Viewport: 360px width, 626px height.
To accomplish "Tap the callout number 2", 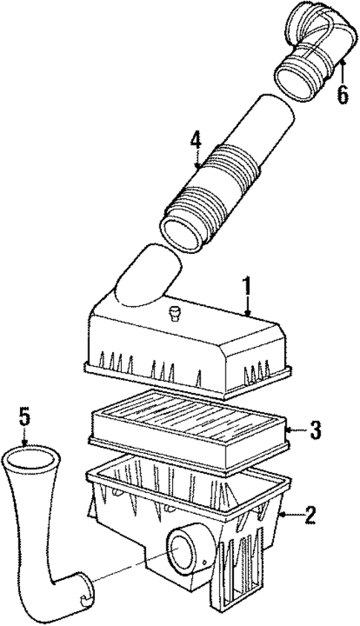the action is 310,515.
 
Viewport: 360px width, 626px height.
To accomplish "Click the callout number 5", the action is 24,418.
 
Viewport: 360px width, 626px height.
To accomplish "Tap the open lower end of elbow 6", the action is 295,82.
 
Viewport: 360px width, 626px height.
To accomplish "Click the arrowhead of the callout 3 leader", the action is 288,431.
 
